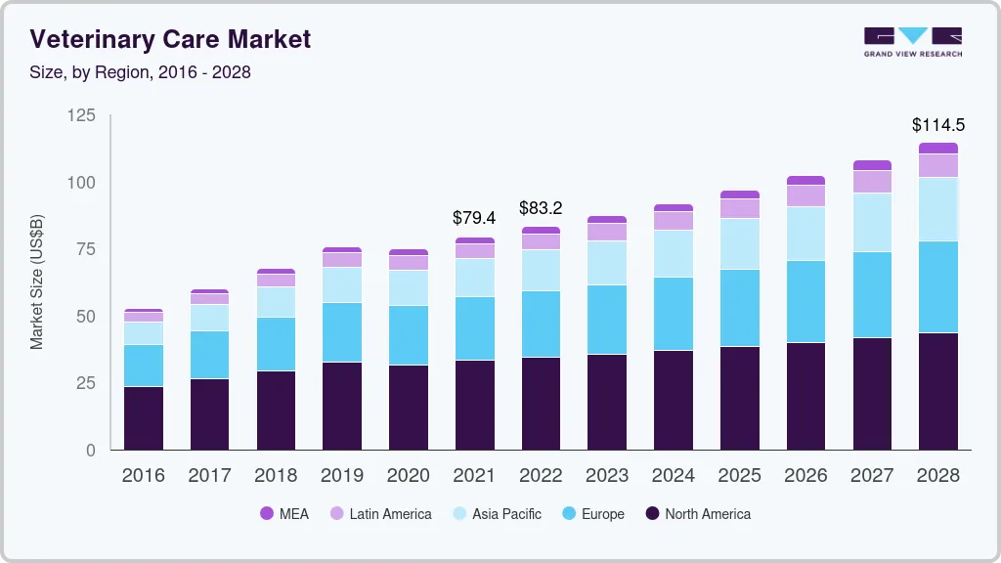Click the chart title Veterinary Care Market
pyautogui.click(x=170, y=39)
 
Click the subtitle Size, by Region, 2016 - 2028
pyautogui.click(x=140, y=72)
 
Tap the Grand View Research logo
pyautogui.click(x=912, y=42)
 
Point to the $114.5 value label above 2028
pyautogui.click(x=937, y=125)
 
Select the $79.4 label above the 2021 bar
pyautogui.click(x=474, y=218)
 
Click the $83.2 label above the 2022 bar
pyautogui.click(x=541, y=208)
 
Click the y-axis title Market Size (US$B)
pyautogui.click(x=36, y=281)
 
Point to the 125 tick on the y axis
pyautogui.click(x=82, y=116)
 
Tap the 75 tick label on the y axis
pyautogui.click(x=86, y=249)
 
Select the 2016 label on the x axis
pyautogui.click(x=143, y=476)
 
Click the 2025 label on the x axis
pyautogui.click(x=739, y=476)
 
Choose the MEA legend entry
pyautogui.click(x=284, y=514)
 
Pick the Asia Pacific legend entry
pyautogui.click(x=496, y=514)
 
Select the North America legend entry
pyautogui.click(x=697, y=514)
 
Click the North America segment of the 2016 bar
pyautogui.click(x=143, y=418)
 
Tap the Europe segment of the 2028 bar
pyautogui.click(x=937, y=287)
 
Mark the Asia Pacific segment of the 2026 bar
pyautogui.click(x=805, y=234)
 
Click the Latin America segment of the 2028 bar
pyautogui.click(x=937, y=166)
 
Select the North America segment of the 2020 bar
pyautogui.click(x=408, y=408)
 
